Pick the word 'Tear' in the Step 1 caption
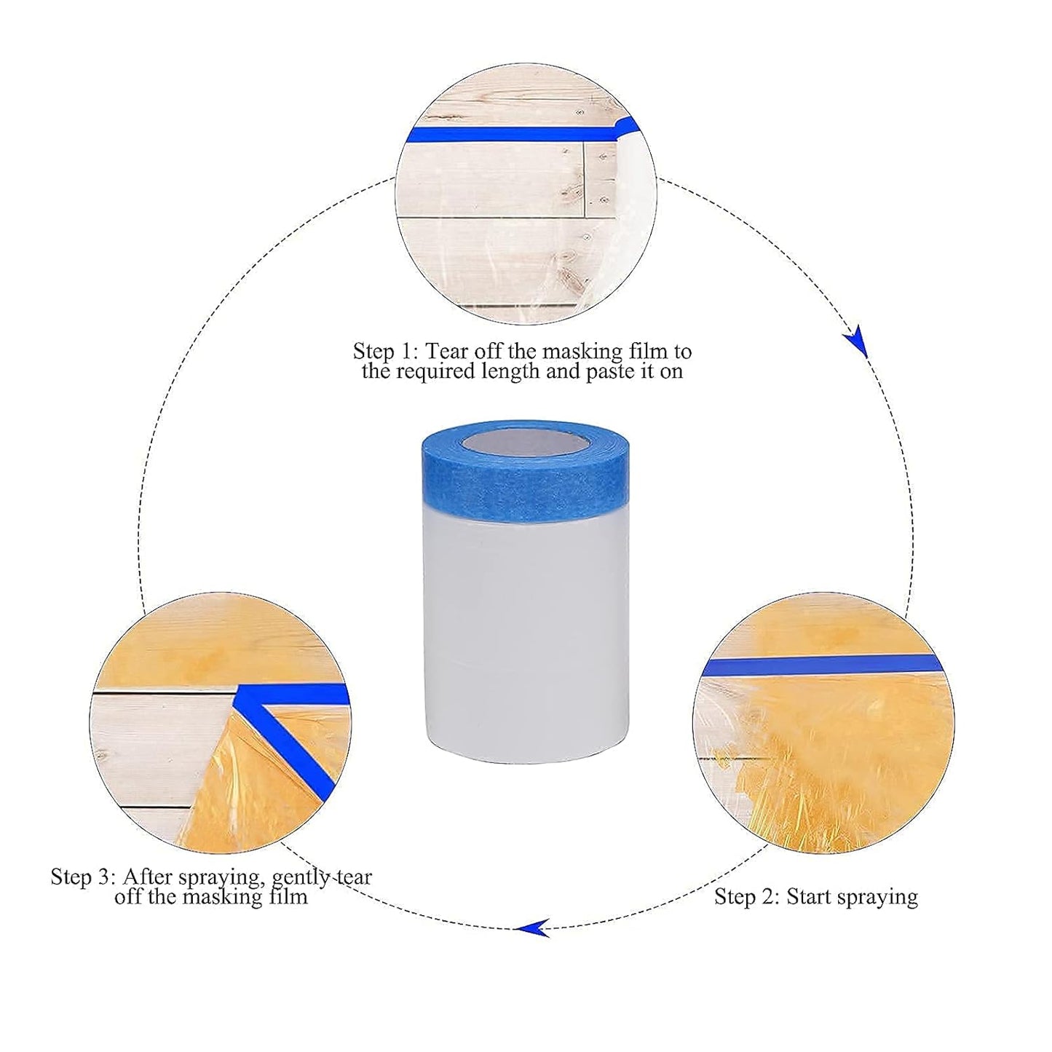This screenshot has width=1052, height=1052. (448, 352)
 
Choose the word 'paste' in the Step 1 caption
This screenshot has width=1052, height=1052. (616, 372)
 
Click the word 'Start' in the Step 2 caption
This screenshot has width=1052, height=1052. (808, 896)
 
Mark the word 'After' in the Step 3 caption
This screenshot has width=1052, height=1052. (146, 877)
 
